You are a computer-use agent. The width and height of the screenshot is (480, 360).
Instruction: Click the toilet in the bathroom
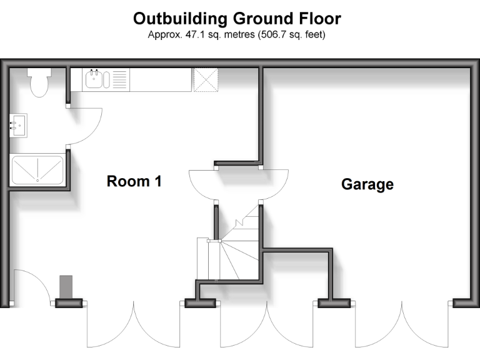39,82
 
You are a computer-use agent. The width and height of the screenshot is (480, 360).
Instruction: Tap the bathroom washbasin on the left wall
18,126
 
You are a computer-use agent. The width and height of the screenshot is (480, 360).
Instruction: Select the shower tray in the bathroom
37,169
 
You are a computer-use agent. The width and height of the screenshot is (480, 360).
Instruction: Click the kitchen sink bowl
94,79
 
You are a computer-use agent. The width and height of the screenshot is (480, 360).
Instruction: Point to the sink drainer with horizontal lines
120,79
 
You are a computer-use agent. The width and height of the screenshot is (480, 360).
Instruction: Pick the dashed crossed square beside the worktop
206,80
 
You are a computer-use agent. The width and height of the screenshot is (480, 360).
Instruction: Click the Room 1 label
134,181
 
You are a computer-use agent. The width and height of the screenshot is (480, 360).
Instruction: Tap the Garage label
367,184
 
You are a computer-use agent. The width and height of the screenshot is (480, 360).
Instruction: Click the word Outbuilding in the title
180,18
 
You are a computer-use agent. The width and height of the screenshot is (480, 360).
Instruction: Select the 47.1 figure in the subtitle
195,34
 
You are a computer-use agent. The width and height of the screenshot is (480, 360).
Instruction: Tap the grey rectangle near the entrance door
66,287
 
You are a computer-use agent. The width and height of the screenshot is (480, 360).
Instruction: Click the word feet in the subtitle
315,34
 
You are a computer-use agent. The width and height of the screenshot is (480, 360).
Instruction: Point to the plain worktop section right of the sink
161,80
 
